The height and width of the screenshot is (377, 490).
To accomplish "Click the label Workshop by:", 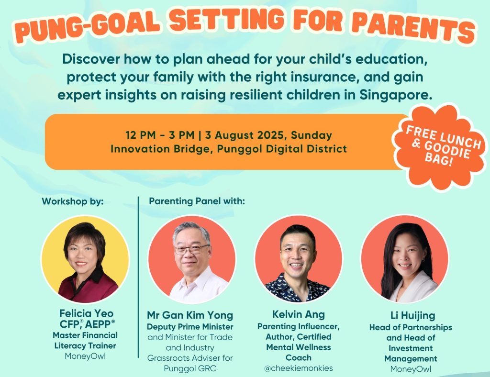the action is (73, 201).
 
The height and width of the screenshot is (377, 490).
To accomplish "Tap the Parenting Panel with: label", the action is (197, 201).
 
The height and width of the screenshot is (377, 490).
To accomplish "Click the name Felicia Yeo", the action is (86, 313).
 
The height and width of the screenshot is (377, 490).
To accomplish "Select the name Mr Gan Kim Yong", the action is (190, 315).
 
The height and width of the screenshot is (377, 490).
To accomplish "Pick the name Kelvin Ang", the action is (299, 314).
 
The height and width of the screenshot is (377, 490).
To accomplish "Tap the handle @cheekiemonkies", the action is (299, 368).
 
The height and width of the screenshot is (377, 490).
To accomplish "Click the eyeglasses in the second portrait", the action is (191, 249).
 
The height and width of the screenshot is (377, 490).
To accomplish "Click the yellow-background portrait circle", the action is (85, 259).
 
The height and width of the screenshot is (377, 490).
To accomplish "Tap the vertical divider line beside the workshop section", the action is (138, 277).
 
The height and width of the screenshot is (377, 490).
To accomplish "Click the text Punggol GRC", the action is (190, 368).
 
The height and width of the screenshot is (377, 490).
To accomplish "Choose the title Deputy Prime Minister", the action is (190, 327).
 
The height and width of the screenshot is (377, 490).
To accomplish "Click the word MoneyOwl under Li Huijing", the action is (411, 369).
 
